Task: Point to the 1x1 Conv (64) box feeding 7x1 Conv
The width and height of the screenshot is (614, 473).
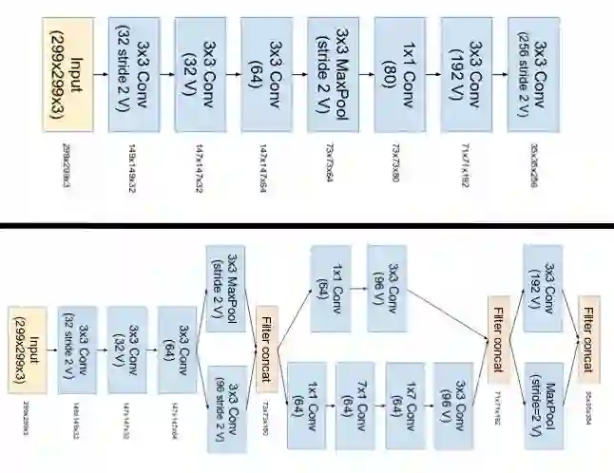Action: tap(308, 399)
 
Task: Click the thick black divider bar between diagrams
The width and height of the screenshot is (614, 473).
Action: tap(307, 226)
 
